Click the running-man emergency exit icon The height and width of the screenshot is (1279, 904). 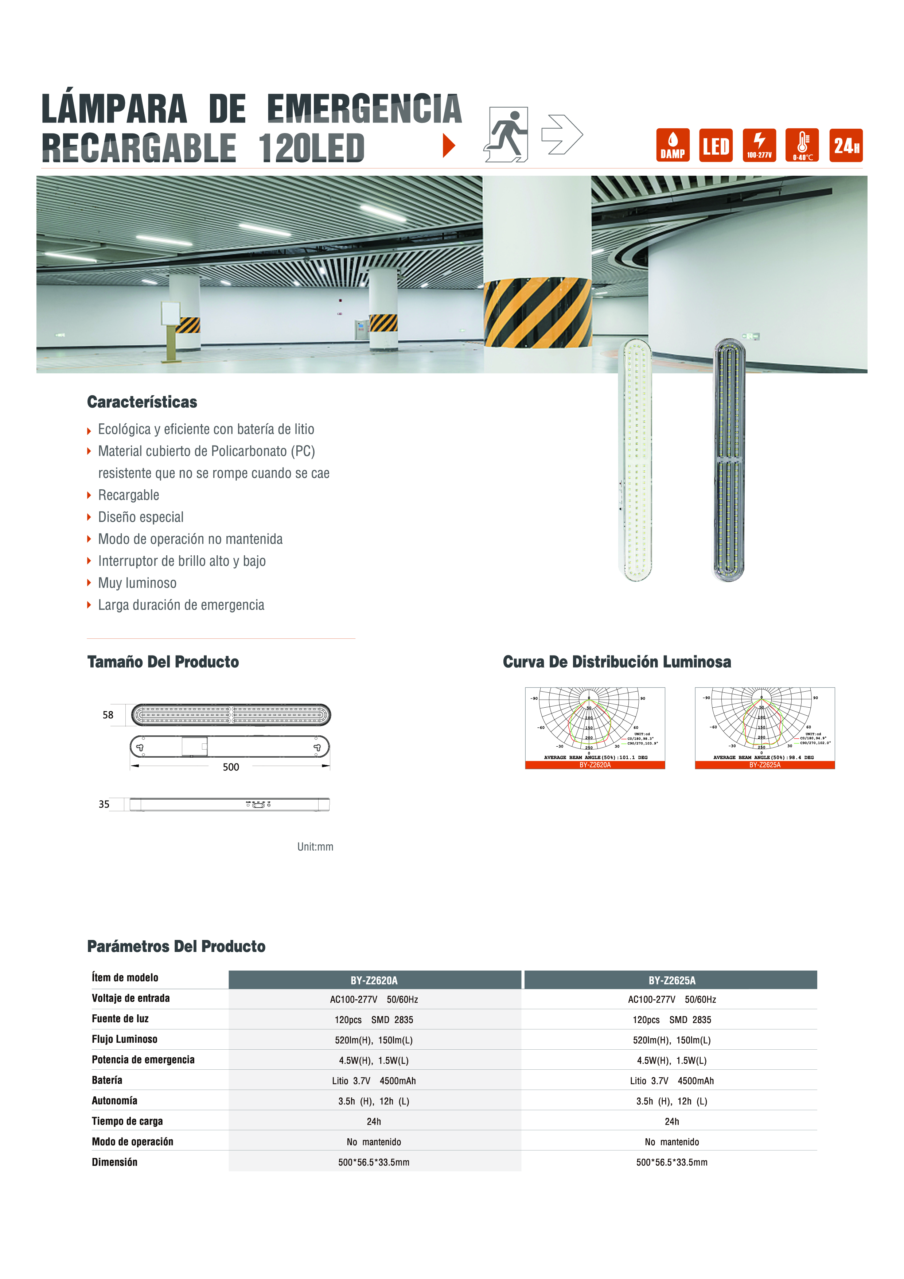tap(506, 134)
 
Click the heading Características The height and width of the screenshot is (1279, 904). tap(142, 402)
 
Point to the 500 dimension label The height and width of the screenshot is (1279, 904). tap(231, 767)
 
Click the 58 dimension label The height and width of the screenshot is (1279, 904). tap(108, 715)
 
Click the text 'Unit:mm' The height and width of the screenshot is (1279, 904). tap(315, 847)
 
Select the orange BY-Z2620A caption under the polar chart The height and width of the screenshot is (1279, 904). tap(595, 765)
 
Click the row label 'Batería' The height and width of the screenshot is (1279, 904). tap(107, 1080)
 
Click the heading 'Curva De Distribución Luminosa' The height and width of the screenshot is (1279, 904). tap(617, 662)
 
